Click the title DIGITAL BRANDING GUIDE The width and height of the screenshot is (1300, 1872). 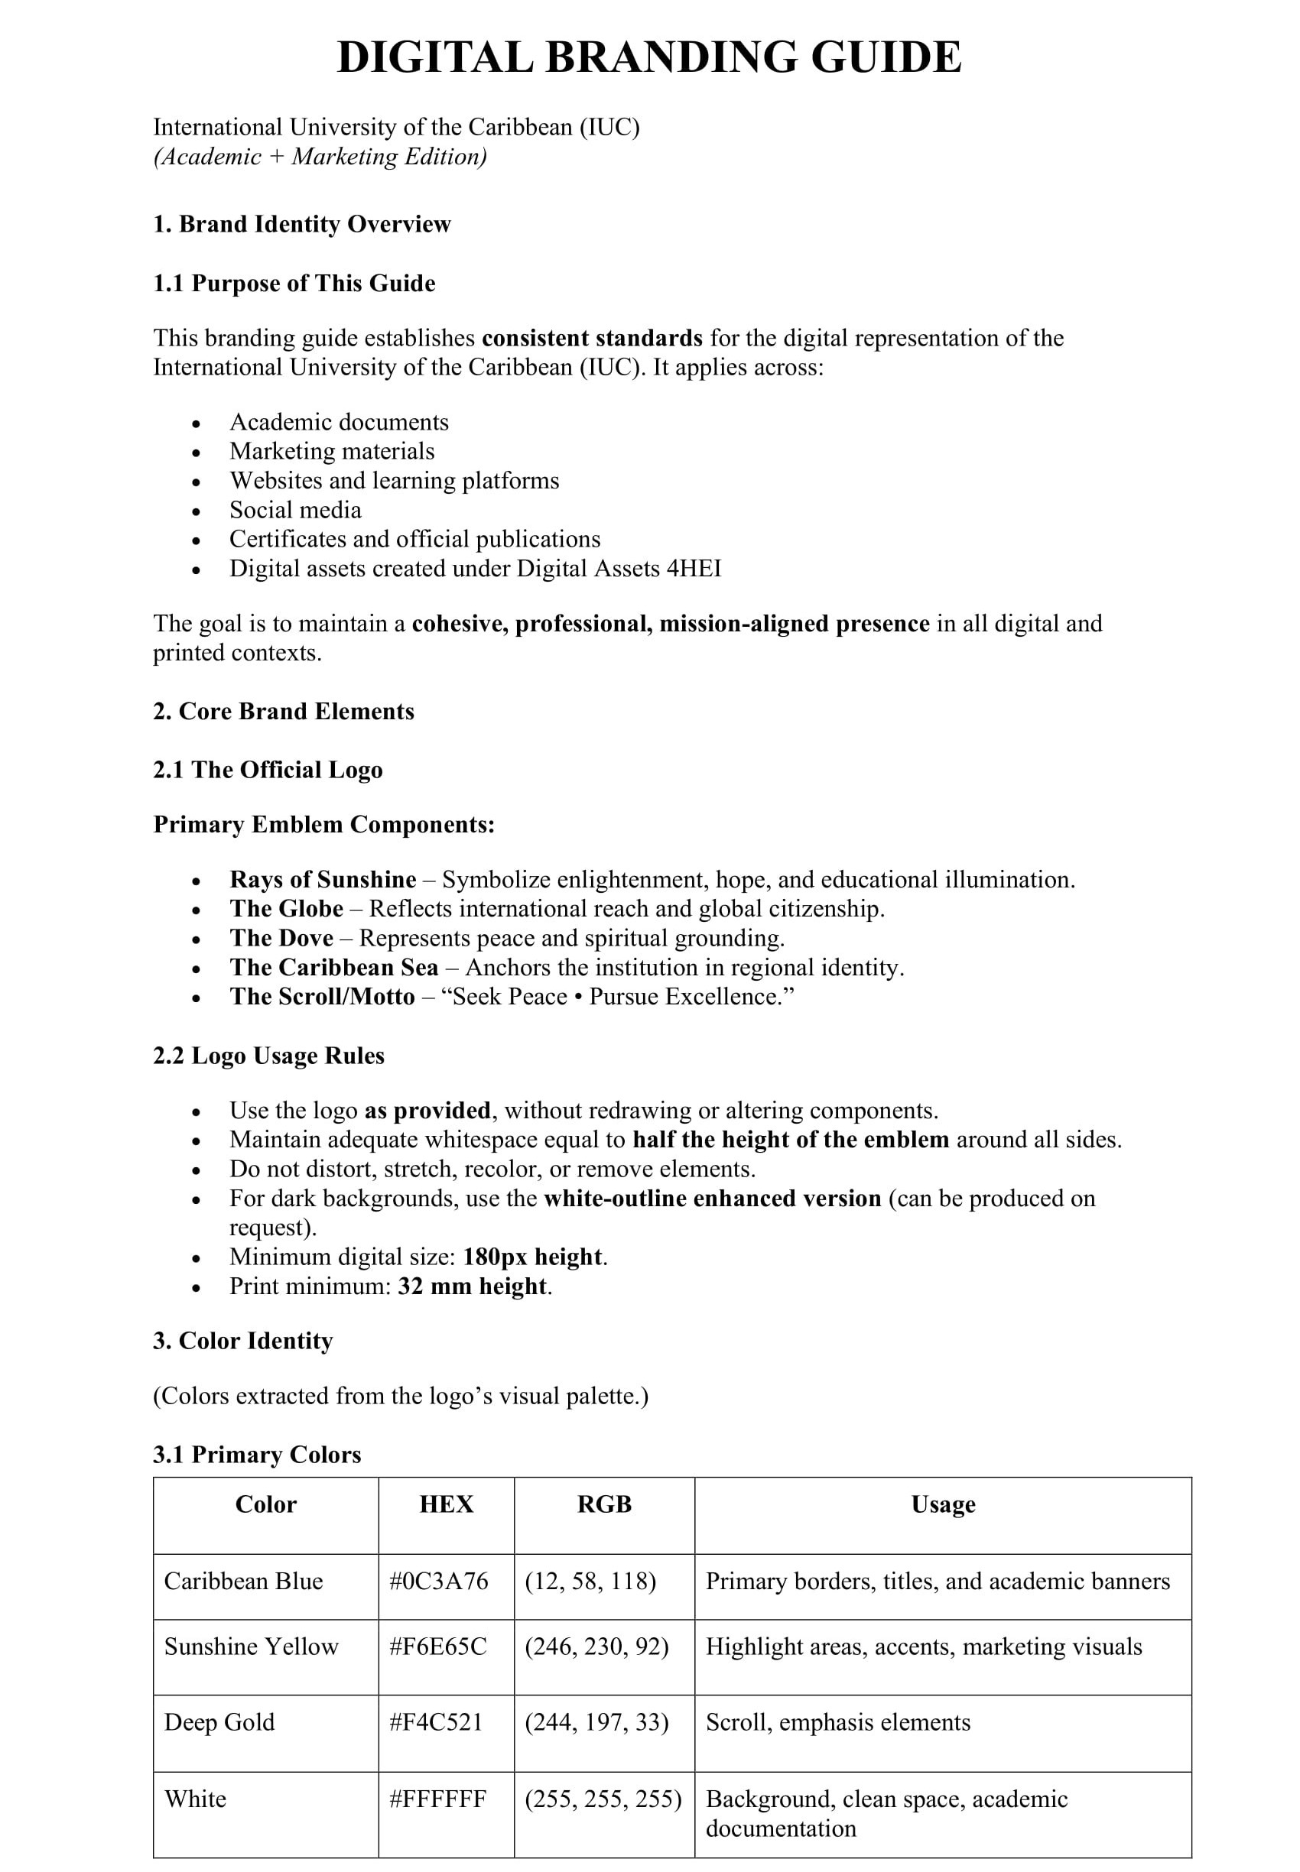pos(649,57)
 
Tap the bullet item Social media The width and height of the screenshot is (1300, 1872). pos(295,510)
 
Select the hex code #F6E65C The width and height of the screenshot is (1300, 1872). pos(438,1647)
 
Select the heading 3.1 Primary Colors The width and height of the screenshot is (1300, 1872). pos(257,1455)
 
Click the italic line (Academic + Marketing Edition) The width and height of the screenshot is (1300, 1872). pos(320,157)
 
